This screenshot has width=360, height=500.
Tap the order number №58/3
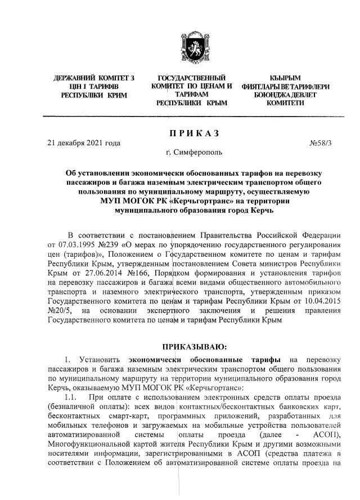click(321, 143)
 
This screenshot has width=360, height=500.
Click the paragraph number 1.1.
click(72, 398)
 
